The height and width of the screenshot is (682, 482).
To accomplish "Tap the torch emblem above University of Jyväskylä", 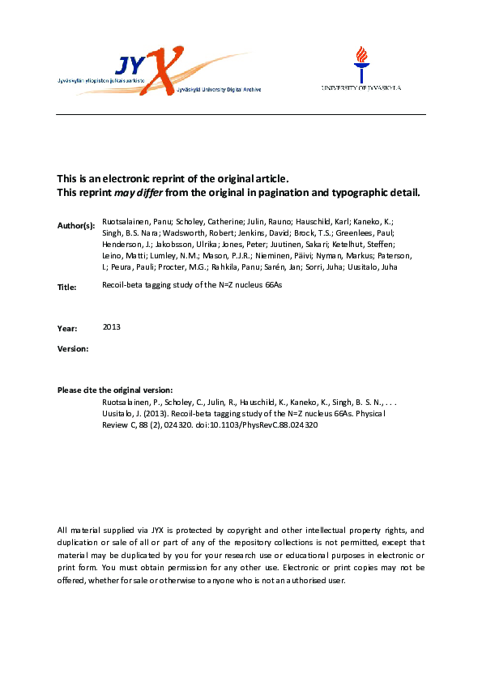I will pos(360,62).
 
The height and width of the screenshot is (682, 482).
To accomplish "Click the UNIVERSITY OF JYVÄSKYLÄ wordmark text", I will pos(361,87).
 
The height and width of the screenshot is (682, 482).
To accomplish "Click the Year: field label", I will pos(67,328).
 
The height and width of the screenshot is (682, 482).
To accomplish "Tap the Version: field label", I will pos(73,348).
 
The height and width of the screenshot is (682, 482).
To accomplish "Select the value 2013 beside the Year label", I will pos(111,326).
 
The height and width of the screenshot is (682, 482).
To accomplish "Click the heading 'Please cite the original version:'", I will pos(115,390).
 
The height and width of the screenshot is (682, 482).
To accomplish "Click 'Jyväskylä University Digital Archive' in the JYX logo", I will pos(219,91).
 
